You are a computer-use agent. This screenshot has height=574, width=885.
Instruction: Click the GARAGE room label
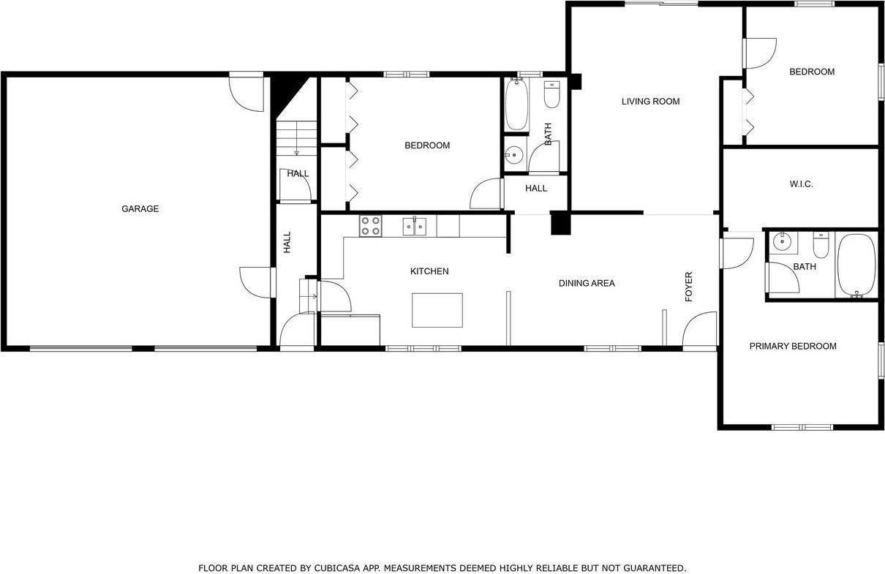tap(140, 209)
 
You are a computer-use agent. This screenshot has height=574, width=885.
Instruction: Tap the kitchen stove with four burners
tap(370, 226)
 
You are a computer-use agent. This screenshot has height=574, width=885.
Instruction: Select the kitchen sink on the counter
tap(415, 227)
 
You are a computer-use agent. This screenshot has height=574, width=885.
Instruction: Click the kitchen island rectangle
tap(437, 310)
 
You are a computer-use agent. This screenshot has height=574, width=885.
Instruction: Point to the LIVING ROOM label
tap(650, 102)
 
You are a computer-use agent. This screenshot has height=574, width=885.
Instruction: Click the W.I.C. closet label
tap(801, 184)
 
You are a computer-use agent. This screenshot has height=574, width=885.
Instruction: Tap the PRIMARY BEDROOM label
tap(792, 347)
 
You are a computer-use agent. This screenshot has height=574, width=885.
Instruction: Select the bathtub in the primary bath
tap(856, 265)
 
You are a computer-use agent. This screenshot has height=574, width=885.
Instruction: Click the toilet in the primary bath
tap(821, 246)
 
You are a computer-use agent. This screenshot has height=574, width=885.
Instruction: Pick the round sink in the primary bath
tap(782, 241)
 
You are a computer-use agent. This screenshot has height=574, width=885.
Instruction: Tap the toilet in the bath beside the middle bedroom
tap(551, 95)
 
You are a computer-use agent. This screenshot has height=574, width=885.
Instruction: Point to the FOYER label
tap(688, 287)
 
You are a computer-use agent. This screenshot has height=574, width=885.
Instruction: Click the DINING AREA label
tap(587, 283)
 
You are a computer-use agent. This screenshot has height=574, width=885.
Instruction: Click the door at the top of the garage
tap(246, 92)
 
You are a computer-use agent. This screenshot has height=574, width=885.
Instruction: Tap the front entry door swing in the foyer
tap(700, 329)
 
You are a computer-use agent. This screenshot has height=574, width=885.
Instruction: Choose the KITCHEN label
tap(429, 271)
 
